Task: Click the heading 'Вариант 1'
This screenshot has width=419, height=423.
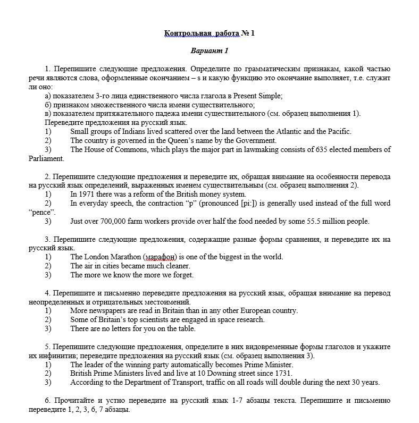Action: pyautogui.click(x=209, y=51)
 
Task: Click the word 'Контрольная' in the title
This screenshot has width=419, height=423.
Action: pyautogui.click(x=185, y=33)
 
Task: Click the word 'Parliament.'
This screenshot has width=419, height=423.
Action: pyautogui.click(x=46, y=158)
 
